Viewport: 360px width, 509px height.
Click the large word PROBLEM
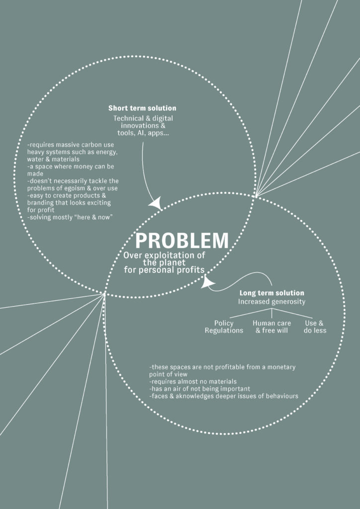click(182, 241)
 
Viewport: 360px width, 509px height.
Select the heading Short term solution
click(142, 108)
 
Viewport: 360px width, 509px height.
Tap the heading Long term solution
click(271, 293)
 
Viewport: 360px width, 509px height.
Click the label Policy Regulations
click(224, 327)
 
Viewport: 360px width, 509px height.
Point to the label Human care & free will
click(271, 327)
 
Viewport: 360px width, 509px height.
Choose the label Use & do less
click(315, 327)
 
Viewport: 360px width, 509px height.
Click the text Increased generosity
click(271, 302)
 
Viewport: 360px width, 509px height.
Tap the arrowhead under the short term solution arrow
click(156, 203)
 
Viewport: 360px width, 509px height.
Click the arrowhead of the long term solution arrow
click(207, 281)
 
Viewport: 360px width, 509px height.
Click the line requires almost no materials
click(193, 381)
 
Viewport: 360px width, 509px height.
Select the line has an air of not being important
click(199, 389)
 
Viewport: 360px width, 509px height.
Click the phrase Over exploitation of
click(164, 255)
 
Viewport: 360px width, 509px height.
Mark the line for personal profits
click(164, 270)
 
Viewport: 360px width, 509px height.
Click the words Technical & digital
click(143, 118)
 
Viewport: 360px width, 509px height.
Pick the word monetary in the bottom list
click(282, 367)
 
